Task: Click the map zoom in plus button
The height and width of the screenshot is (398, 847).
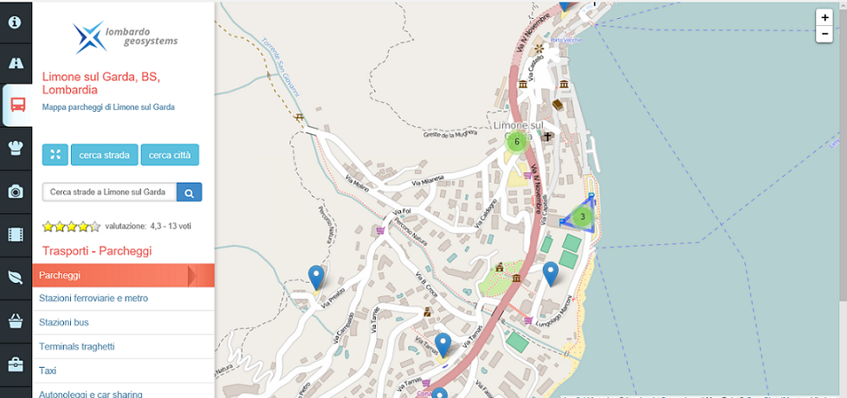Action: (x=825, y=17)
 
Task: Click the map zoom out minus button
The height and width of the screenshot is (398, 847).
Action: (x=825, y=34)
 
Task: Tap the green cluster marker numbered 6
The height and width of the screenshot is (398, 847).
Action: (x=517, y=141)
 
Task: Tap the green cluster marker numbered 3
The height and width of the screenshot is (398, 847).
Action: (x=583, y=216)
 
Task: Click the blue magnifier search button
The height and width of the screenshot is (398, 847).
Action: (x=189, y=192)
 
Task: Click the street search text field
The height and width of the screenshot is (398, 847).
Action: (x=109, y=192)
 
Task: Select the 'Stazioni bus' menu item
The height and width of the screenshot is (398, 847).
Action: (x=64, y=323)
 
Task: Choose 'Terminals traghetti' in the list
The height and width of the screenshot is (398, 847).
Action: (x=77, y=347)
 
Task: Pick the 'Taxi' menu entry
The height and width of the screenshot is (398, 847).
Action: (x=48, y=370)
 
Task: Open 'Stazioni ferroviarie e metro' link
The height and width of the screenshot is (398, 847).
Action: (x=94, y=298)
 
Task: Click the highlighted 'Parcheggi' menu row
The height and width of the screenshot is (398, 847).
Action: (x=113, y=275)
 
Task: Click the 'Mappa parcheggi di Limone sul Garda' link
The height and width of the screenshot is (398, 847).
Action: (x=108, y=107)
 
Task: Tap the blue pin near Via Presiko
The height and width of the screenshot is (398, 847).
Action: (x=316, y=276)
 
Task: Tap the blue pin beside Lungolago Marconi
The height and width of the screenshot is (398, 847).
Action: (x=551, y=273)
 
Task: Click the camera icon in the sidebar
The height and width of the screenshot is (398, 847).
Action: (x=16, y=192)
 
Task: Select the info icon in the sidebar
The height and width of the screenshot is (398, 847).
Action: (x=16, y=21)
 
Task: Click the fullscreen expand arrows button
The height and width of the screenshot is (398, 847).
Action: (x=55, y=155)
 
